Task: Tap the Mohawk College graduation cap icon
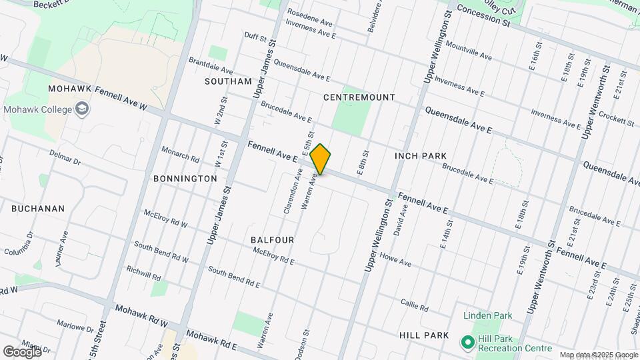click(81, 109)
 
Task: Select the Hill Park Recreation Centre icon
click(469, 343)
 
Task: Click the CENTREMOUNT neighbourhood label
click(359, 97)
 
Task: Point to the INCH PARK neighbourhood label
click(420, 156)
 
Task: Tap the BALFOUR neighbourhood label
click(273, 239)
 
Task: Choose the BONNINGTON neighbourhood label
click(185, 179)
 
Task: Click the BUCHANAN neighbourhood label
click(38, 209)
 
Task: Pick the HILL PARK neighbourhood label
click(425, 335)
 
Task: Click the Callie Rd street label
click(414, 305)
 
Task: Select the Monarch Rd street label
click(180, 155)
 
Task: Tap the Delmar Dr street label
click(65, 157)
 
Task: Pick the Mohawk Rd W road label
click(141, 316)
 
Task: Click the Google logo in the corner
click(22, 351)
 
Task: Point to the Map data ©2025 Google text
click(598, 355)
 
